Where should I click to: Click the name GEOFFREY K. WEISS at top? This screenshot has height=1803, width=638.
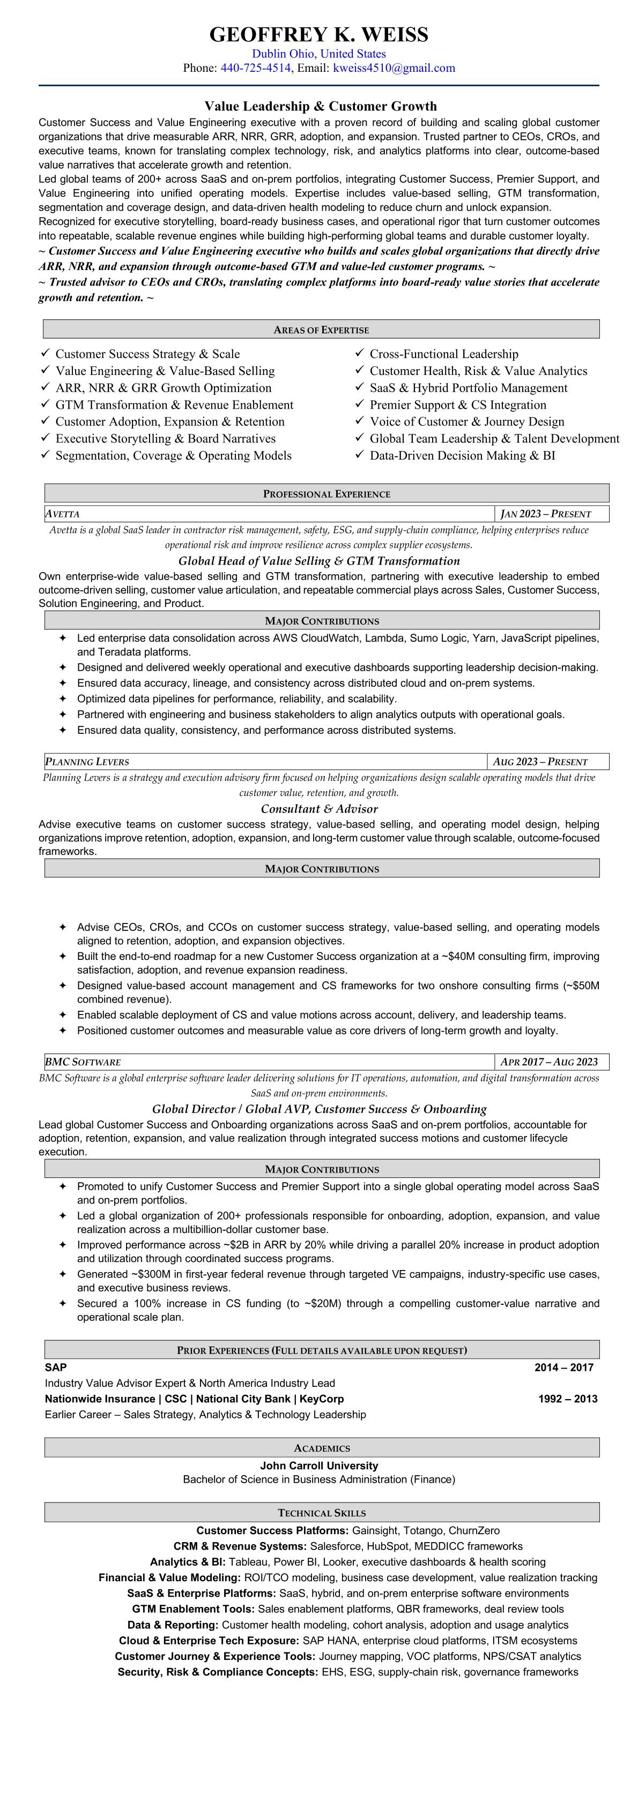(318, 34)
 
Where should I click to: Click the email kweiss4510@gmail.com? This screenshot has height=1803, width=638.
(394, 68)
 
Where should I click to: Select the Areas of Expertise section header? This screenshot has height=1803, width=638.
(321, 329)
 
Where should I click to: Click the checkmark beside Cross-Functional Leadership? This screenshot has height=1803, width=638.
(359, 353)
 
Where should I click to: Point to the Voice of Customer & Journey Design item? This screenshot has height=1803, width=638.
(466, 422)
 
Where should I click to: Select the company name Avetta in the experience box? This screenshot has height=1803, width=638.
(63, 514)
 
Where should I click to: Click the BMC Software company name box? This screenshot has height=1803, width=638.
(83, 1062)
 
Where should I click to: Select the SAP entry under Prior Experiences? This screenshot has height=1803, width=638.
(56, 1367)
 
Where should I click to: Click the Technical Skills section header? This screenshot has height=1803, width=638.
(322, 1513)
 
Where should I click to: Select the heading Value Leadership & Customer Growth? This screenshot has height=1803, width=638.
(320, 107)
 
